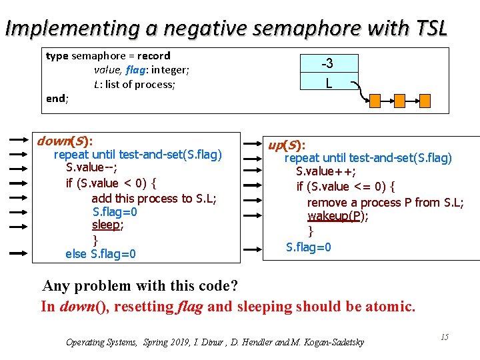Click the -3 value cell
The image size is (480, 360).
coord(327,63)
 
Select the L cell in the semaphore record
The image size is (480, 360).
coord(328,82)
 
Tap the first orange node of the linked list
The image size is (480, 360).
coord(374,101)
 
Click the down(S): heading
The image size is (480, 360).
coord(65,141)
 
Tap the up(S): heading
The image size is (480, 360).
coord(287,145)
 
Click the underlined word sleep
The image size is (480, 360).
coord(107,225)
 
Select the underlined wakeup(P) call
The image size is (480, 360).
coord(338,217)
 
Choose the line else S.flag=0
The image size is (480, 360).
coord(101,253)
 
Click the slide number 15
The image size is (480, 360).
coord(444,337)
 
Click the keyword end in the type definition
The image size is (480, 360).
coord(55,99)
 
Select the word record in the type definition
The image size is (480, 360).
coord(155,55)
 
